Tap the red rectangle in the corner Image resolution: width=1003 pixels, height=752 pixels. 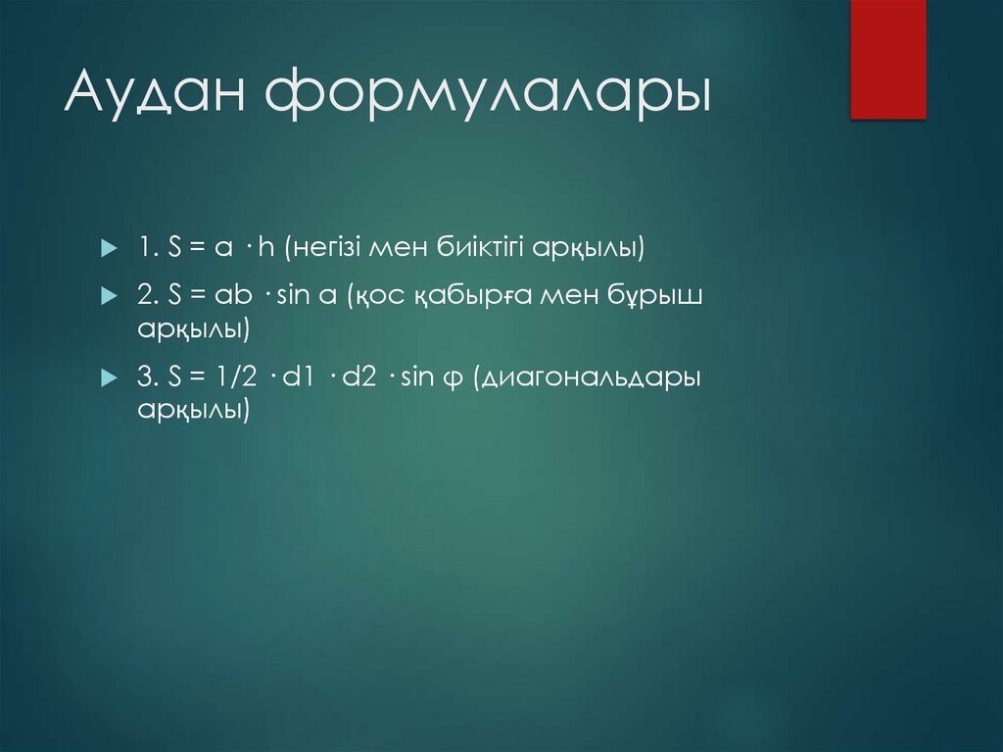[x=887, y=59]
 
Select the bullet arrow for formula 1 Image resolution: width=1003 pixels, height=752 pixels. [x=108, y=250]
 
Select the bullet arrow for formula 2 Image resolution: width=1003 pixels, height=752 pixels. [x=108, y=296]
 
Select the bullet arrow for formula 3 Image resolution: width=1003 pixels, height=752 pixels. [x=108, y=377]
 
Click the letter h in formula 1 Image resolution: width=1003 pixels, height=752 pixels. [x=265, y=249]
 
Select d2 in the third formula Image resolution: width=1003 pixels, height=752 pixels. [x=359, y=377]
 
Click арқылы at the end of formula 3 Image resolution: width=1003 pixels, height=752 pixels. [x=193, y=411]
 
